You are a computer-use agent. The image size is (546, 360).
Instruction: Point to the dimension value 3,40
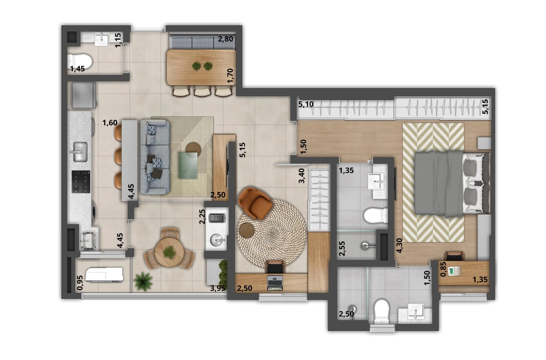(x=302, y=176)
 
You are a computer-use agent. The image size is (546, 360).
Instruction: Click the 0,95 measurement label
(x=80, y=283)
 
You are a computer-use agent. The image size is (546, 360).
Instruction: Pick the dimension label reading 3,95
(x=218, y=289)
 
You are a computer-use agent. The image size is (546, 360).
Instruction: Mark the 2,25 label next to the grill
(x=202, y=216)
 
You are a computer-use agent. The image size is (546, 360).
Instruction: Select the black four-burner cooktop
(x=80, y=181)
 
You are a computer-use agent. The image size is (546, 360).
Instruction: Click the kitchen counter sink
(x=80, y=152)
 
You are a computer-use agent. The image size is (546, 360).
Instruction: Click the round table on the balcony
(x=169, y=252)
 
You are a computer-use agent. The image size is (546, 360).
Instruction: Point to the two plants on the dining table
(x=202, y=66)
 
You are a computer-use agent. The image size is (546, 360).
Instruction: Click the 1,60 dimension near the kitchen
(x=110, y=123)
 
